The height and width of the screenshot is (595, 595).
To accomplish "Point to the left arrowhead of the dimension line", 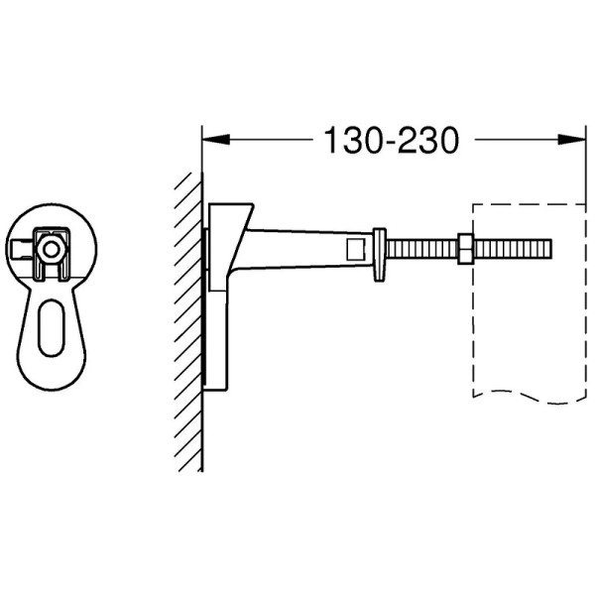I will pyautogui.click(x=214, y=141).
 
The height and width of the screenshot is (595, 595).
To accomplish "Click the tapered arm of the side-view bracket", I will pyautogui.click(x=297, y=248).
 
